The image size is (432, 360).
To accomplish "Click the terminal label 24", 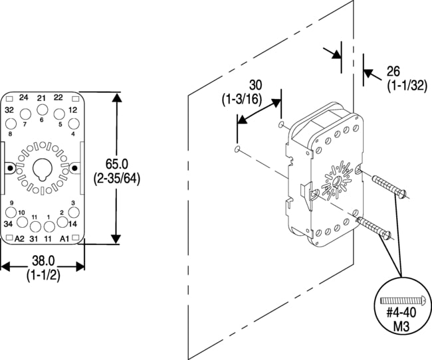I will (x=24, y=98).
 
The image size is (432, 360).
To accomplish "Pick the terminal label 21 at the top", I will (x=41, y=98).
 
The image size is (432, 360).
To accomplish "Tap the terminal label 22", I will (x=58, y=98).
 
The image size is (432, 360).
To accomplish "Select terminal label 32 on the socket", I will (x=9, y=110).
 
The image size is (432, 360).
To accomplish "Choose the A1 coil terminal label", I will (x=64, y=238).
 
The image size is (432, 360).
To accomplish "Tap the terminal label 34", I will (x=9, y=224).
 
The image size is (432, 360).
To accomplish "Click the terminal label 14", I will (x=73, y=224).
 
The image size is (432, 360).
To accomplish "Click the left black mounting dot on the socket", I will (x=10, y=169).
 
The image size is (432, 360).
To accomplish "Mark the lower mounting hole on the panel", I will (x=237, y=150).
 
